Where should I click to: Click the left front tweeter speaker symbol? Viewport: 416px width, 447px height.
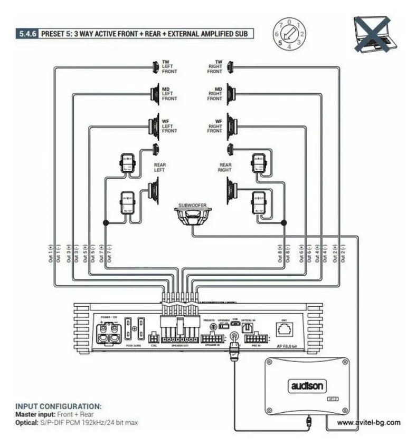click(156, 67)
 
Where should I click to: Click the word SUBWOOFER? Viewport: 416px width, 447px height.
click(192, 204)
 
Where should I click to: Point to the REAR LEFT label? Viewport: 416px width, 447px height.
click(159, 167)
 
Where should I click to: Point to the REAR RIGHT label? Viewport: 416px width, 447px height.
click(225, 167)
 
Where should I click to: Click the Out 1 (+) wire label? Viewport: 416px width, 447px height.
click(51, 254)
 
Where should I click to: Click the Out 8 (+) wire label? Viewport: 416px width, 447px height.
click(280, 254)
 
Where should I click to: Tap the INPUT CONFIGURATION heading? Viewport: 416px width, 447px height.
click(58, 406)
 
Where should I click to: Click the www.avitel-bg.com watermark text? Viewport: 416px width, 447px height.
click(368, 422)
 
